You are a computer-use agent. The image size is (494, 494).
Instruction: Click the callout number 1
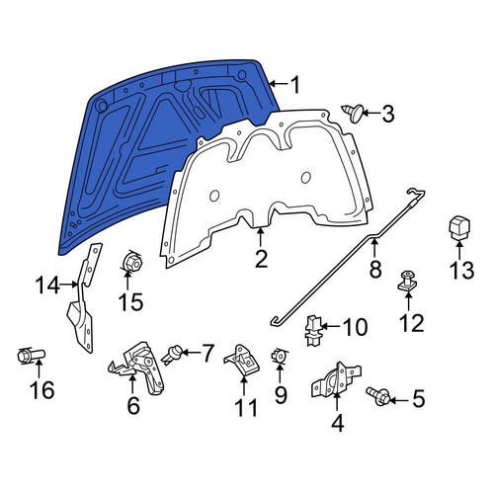(295, 85)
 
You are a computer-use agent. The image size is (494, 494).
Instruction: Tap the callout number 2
(261, 259)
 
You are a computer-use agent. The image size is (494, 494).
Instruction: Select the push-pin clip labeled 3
(353, 113)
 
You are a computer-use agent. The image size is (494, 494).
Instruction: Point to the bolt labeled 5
(378, 396)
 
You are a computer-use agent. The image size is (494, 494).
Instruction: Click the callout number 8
(375, 269)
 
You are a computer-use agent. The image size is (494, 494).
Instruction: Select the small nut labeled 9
(280, 356)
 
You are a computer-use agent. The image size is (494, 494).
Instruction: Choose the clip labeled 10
(313, 330)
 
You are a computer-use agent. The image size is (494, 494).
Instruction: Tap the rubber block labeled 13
(460, 227)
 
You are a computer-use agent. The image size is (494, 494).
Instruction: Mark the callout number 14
(47, 285)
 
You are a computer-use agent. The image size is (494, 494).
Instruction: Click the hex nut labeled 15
(131, 262)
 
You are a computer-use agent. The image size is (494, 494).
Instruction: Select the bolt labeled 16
(31, 356)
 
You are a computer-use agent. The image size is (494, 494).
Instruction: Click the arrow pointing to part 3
(371, 114)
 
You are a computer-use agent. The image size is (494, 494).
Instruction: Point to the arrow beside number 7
(191, 353)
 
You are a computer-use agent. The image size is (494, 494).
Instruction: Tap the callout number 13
(462, 271)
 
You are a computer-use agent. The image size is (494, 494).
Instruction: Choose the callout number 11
(246, 408)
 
